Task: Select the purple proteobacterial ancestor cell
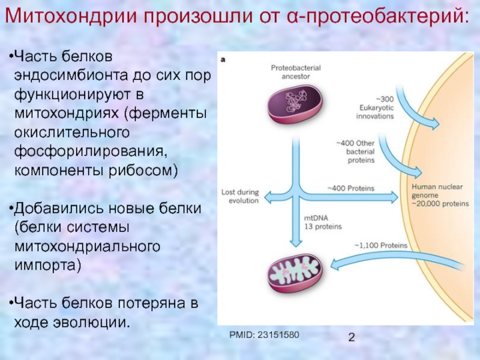tap(295, 105)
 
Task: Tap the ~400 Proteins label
tap(350, 188)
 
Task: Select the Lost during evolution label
tap(240, 197)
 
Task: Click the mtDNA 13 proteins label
tap(322, 223)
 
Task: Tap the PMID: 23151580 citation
tap(265, 334)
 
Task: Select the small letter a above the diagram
tap(224, 59)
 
